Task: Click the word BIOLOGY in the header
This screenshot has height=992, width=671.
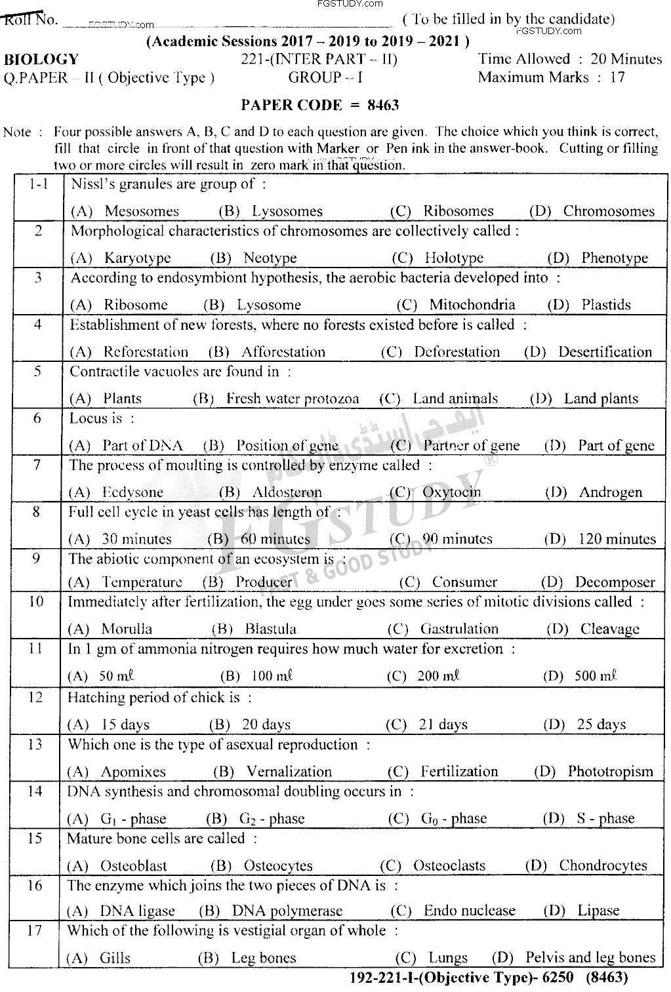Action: coord(41,60)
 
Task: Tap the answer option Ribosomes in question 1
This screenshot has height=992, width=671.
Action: coord(458,211)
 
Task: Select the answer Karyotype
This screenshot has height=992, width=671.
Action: coord(137,258)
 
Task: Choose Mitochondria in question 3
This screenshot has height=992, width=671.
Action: coord(472,305)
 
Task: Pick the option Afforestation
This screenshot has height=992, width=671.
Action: coord(283,352)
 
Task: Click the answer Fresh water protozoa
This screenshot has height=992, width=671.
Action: coord(293,399)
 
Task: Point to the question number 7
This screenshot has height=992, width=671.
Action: coord(37,466)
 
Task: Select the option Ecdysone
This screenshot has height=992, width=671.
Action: coord(132,492)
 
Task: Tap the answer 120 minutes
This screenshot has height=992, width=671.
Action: coord(617,540)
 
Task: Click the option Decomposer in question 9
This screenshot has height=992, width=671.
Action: coord(615,582)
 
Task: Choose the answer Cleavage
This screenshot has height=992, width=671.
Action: coord(609,629)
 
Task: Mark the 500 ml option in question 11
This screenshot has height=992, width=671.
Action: coord(596,676)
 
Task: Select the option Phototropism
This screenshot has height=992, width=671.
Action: coord(610,772)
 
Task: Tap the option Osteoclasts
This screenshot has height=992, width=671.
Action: coord(449,865)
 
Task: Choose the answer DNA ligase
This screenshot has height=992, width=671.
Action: coord(137,911)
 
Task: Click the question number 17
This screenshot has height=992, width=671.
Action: coord(35,931)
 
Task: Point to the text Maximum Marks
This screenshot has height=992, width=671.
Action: coord(533,77)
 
